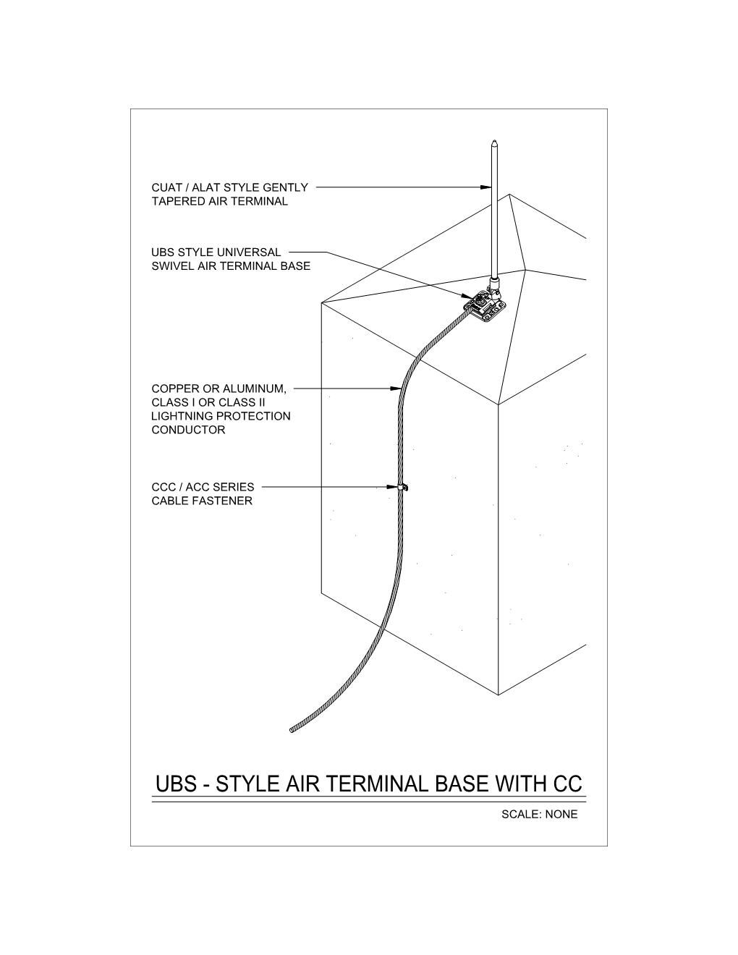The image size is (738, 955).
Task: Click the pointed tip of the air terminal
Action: coord(494,140)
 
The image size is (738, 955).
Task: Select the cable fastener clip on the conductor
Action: coord(402,487)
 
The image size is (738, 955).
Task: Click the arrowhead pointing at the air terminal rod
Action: coord(485,187)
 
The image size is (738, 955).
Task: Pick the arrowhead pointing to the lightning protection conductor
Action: coord(396,389)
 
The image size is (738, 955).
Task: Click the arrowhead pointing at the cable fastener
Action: coord(392,487)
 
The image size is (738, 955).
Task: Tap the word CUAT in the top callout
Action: coord(166,187)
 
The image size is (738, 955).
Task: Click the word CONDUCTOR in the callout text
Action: coord(188,430)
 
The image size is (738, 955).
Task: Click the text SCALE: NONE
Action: coord(539,815)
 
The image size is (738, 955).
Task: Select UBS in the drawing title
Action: coord(176,784)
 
